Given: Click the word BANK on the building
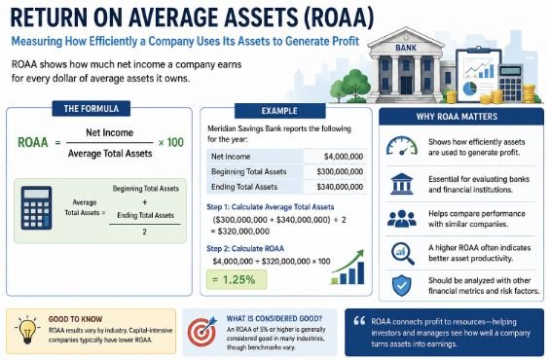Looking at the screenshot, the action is (406, 48).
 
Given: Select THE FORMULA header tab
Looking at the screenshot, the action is (92, 109).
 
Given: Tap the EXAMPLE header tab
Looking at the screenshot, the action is (279, 111).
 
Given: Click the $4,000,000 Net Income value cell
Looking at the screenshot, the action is (335, 157).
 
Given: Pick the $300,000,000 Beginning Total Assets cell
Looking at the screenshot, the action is (335, 171).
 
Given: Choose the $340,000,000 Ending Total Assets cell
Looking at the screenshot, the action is (335, 187).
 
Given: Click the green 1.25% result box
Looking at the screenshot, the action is (237, 279).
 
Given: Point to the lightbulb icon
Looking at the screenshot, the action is (27, 329).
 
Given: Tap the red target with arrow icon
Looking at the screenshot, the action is (202, 331).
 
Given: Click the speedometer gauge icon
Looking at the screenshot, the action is (402, 146).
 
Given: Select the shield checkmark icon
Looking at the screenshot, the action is (402, 285).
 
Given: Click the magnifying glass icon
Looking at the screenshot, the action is (403, 253).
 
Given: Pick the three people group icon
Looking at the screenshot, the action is (402, 219).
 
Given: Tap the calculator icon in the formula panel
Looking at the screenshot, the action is (36, 208).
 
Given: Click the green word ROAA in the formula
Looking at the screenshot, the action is (33, 142).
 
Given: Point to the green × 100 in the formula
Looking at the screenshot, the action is (170, 142).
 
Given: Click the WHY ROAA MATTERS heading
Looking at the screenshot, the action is (457, 117).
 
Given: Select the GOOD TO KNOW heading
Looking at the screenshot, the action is (75, 319).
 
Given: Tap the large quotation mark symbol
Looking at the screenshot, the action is (359, 320).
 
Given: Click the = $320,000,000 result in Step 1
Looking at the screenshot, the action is (239, 232).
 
